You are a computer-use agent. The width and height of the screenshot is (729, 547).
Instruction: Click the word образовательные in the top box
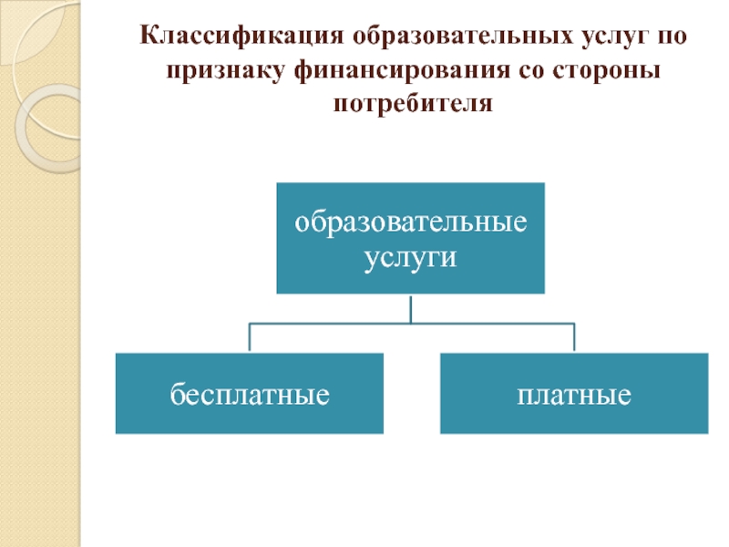(x=410, y=222)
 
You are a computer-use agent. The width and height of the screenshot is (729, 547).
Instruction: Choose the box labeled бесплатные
(x=249, y=394)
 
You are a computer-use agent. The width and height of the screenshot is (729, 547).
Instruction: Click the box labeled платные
(x=574, y=394)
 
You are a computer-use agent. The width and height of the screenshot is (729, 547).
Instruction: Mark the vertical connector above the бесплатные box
(x=249, y=337)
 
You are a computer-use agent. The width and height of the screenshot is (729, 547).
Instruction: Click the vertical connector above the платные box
(x=574, y=337)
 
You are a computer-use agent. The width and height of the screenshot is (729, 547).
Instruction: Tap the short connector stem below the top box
(x=410, y=308)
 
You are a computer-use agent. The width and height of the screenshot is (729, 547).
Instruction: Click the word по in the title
(x=673, y=39)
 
